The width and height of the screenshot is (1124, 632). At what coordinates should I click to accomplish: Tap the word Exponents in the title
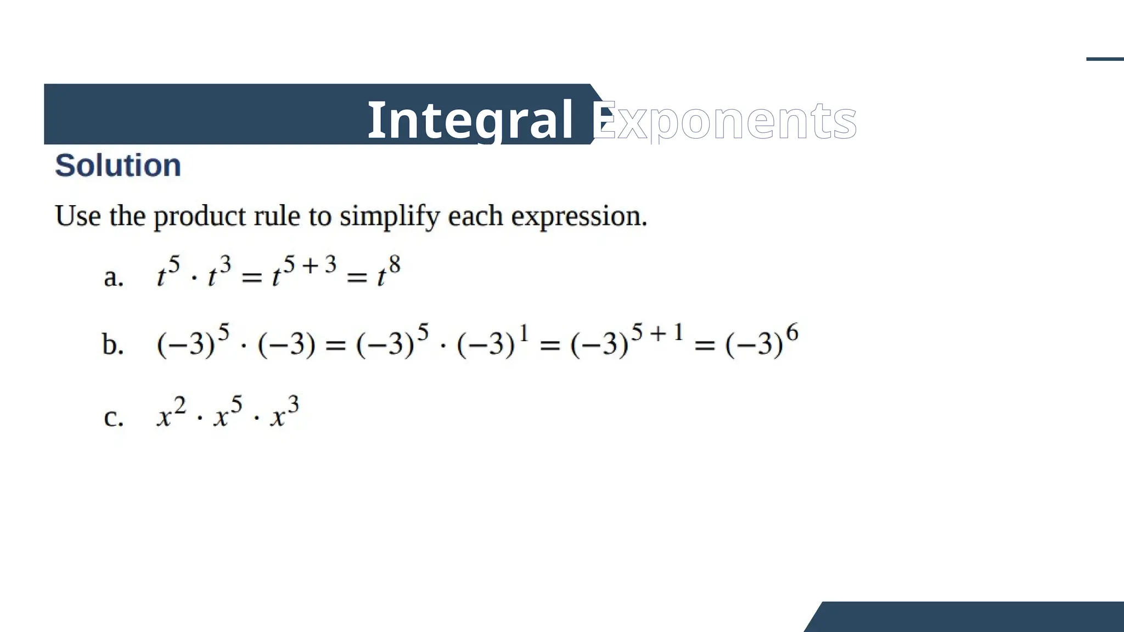(724, 121)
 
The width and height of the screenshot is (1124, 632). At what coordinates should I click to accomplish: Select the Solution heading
(118, 165)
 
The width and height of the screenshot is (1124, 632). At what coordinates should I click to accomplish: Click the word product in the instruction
(199, 217)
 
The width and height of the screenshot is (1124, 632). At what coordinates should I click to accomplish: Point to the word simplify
(390, 217)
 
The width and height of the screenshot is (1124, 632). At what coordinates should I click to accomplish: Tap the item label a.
(114, 277)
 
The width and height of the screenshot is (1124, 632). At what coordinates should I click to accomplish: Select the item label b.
(113, 345)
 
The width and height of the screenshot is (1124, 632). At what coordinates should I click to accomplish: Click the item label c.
(113, 417)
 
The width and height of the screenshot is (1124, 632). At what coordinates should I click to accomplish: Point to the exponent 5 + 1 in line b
(657, 332)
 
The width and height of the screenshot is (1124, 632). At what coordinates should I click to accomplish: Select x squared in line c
(171, 413)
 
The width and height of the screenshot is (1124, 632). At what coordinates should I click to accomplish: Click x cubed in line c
(284, 413)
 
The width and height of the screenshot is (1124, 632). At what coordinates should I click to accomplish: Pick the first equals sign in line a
(251, 278)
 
